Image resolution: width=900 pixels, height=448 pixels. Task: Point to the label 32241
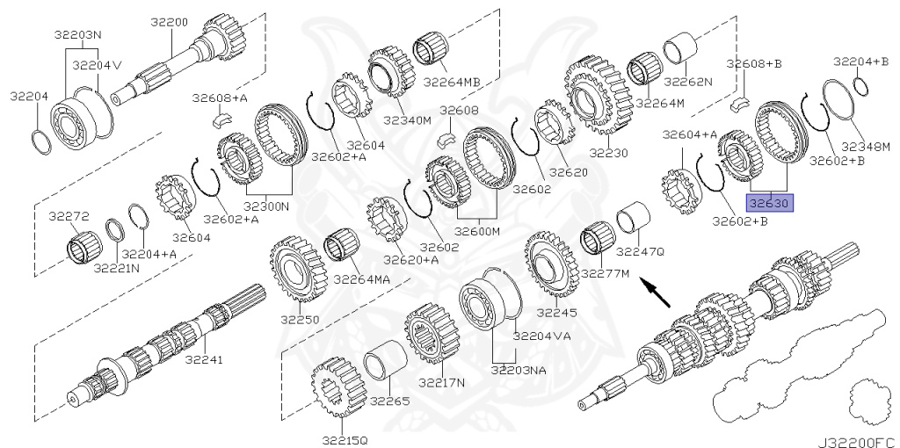(206, 358)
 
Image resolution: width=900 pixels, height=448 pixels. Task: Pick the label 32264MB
(452, 83)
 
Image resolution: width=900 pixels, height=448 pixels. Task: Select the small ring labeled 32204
(40, 141)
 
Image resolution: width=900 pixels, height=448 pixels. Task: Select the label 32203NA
(519, 370)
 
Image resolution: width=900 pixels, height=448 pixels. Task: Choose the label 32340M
(410, 120)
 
